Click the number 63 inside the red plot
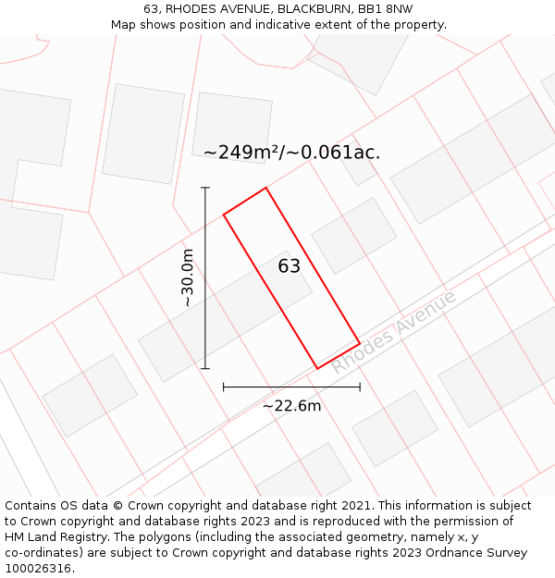point(290,266)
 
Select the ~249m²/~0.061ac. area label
point(291,153)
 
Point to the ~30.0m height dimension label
point(187,277)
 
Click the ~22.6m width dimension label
point(291,405)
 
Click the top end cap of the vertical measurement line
point(205,188)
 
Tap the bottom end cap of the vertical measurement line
point(205,369)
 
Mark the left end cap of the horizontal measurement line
point(224,387)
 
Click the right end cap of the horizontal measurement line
point(360,387)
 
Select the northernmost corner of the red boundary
point(266,188)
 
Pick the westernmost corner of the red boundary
point(224,215)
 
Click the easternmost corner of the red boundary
point(360,343)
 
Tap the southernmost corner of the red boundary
point(317,369)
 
